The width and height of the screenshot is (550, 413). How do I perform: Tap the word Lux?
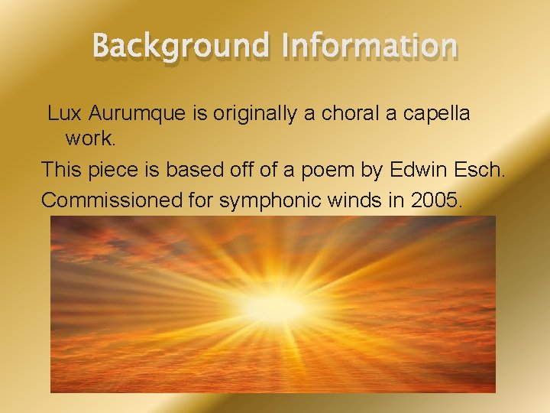pyautogui.click(x=65, y=113)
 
